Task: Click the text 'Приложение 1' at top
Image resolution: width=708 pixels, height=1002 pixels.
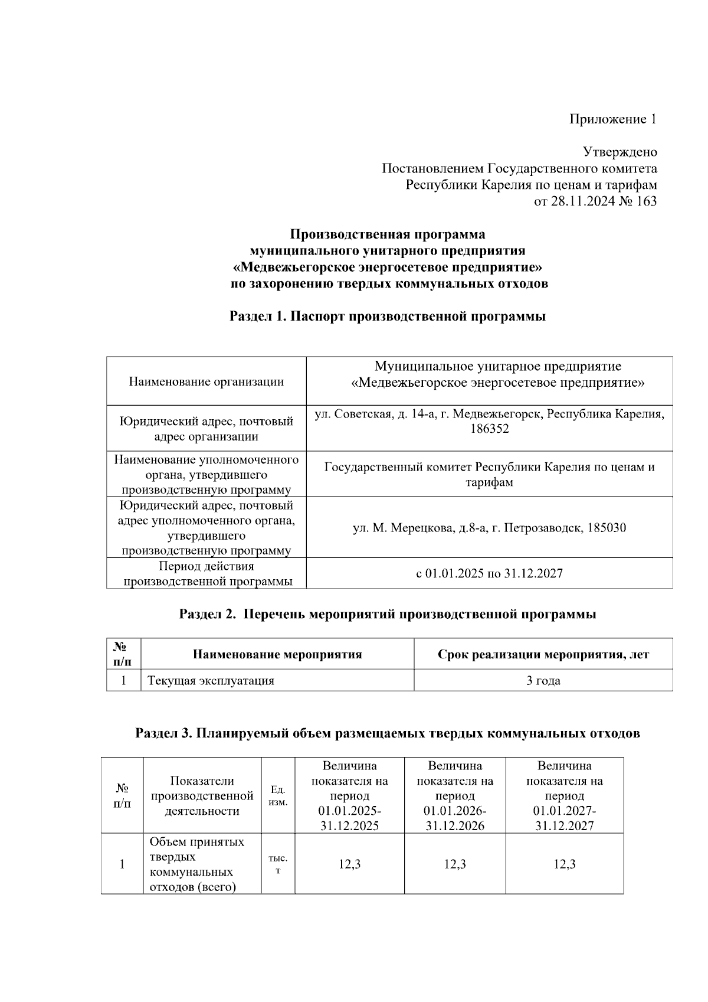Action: [x=612, y=120]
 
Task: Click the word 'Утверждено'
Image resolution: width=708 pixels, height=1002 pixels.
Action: [x=619, y=152]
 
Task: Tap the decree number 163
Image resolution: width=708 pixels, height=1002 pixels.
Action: [x=645, y=201]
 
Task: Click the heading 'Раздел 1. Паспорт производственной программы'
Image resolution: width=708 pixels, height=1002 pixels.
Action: [x=387, y=316]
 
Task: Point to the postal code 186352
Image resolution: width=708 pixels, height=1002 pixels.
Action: [x=489, y=429]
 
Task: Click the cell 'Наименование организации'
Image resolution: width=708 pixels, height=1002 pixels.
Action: [x=206, y=381]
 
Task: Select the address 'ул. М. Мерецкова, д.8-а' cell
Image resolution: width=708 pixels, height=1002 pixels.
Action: [x=489, y=528]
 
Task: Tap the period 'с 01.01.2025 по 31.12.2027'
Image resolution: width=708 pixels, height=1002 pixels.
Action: [x=489, y=573]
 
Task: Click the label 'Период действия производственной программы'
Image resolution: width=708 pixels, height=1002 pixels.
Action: [x=206, y=574]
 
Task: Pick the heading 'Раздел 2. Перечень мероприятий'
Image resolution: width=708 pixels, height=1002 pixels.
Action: [x=387, y=615]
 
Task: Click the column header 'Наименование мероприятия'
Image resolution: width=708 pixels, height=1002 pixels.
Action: [x=277, y=654]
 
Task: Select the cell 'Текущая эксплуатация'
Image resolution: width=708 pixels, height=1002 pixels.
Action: [x=211, y=681]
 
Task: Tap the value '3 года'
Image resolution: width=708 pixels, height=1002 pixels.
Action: [x=543, y=681]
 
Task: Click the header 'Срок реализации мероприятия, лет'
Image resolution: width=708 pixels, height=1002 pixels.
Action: [x=543, y=654]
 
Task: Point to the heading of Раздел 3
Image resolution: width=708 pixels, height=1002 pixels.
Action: [x=387, y=734]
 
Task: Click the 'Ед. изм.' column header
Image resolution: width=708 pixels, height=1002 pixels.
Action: [x=278, y=795]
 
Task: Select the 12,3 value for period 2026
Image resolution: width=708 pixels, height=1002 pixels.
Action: [x=454, y=864]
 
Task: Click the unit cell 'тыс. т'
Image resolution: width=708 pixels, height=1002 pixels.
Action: [x=278, y=864]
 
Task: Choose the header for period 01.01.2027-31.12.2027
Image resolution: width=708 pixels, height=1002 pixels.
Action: [x=564, y=795]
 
